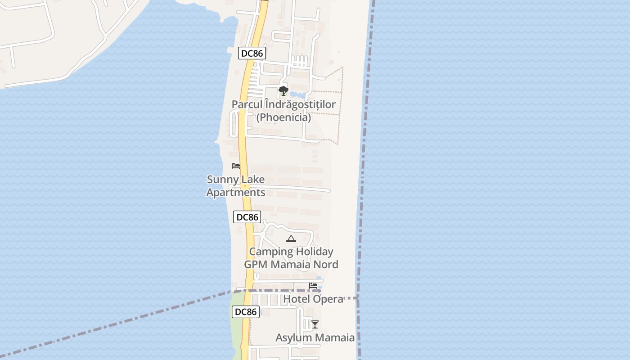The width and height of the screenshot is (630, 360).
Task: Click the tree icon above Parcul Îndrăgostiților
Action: pyautogui.click(x=283, y=91)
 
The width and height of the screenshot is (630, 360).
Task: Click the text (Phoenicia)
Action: pyautogui.click(x=283, y=117)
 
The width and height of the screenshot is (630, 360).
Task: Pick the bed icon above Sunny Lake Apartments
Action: pyautogui.click(x=236, y=166)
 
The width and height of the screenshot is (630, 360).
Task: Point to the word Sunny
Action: pyautogui.click(x=223, y=180)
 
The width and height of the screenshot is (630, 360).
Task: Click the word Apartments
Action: pyautogui.click(x=235, y=193)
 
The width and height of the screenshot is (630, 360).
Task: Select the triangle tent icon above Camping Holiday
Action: pyautogui.click(x=291, y=238)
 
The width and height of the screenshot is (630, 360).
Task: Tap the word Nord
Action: pyautogui.click(x=325, y=265)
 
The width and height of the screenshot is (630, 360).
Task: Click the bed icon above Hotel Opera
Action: pyautogui.click(x=313, y=286)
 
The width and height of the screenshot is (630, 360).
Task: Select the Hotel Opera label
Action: pyautogui.click(x=313, y=299)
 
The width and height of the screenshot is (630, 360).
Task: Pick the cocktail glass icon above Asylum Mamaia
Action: pyautogui.click(x=315, y=324)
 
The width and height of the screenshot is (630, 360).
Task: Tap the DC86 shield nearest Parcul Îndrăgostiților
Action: pyautogui.click(x=252, y=54)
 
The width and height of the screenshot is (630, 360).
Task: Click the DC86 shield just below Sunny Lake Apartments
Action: pyautogui.click(x=247, y=217)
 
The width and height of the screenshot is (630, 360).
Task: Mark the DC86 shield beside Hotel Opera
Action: pyautogui.click(x=246, y=312)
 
